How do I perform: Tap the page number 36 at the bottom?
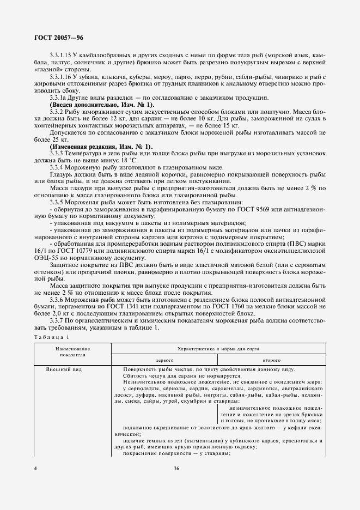(176, 468)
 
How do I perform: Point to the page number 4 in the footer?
(35, 468)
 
